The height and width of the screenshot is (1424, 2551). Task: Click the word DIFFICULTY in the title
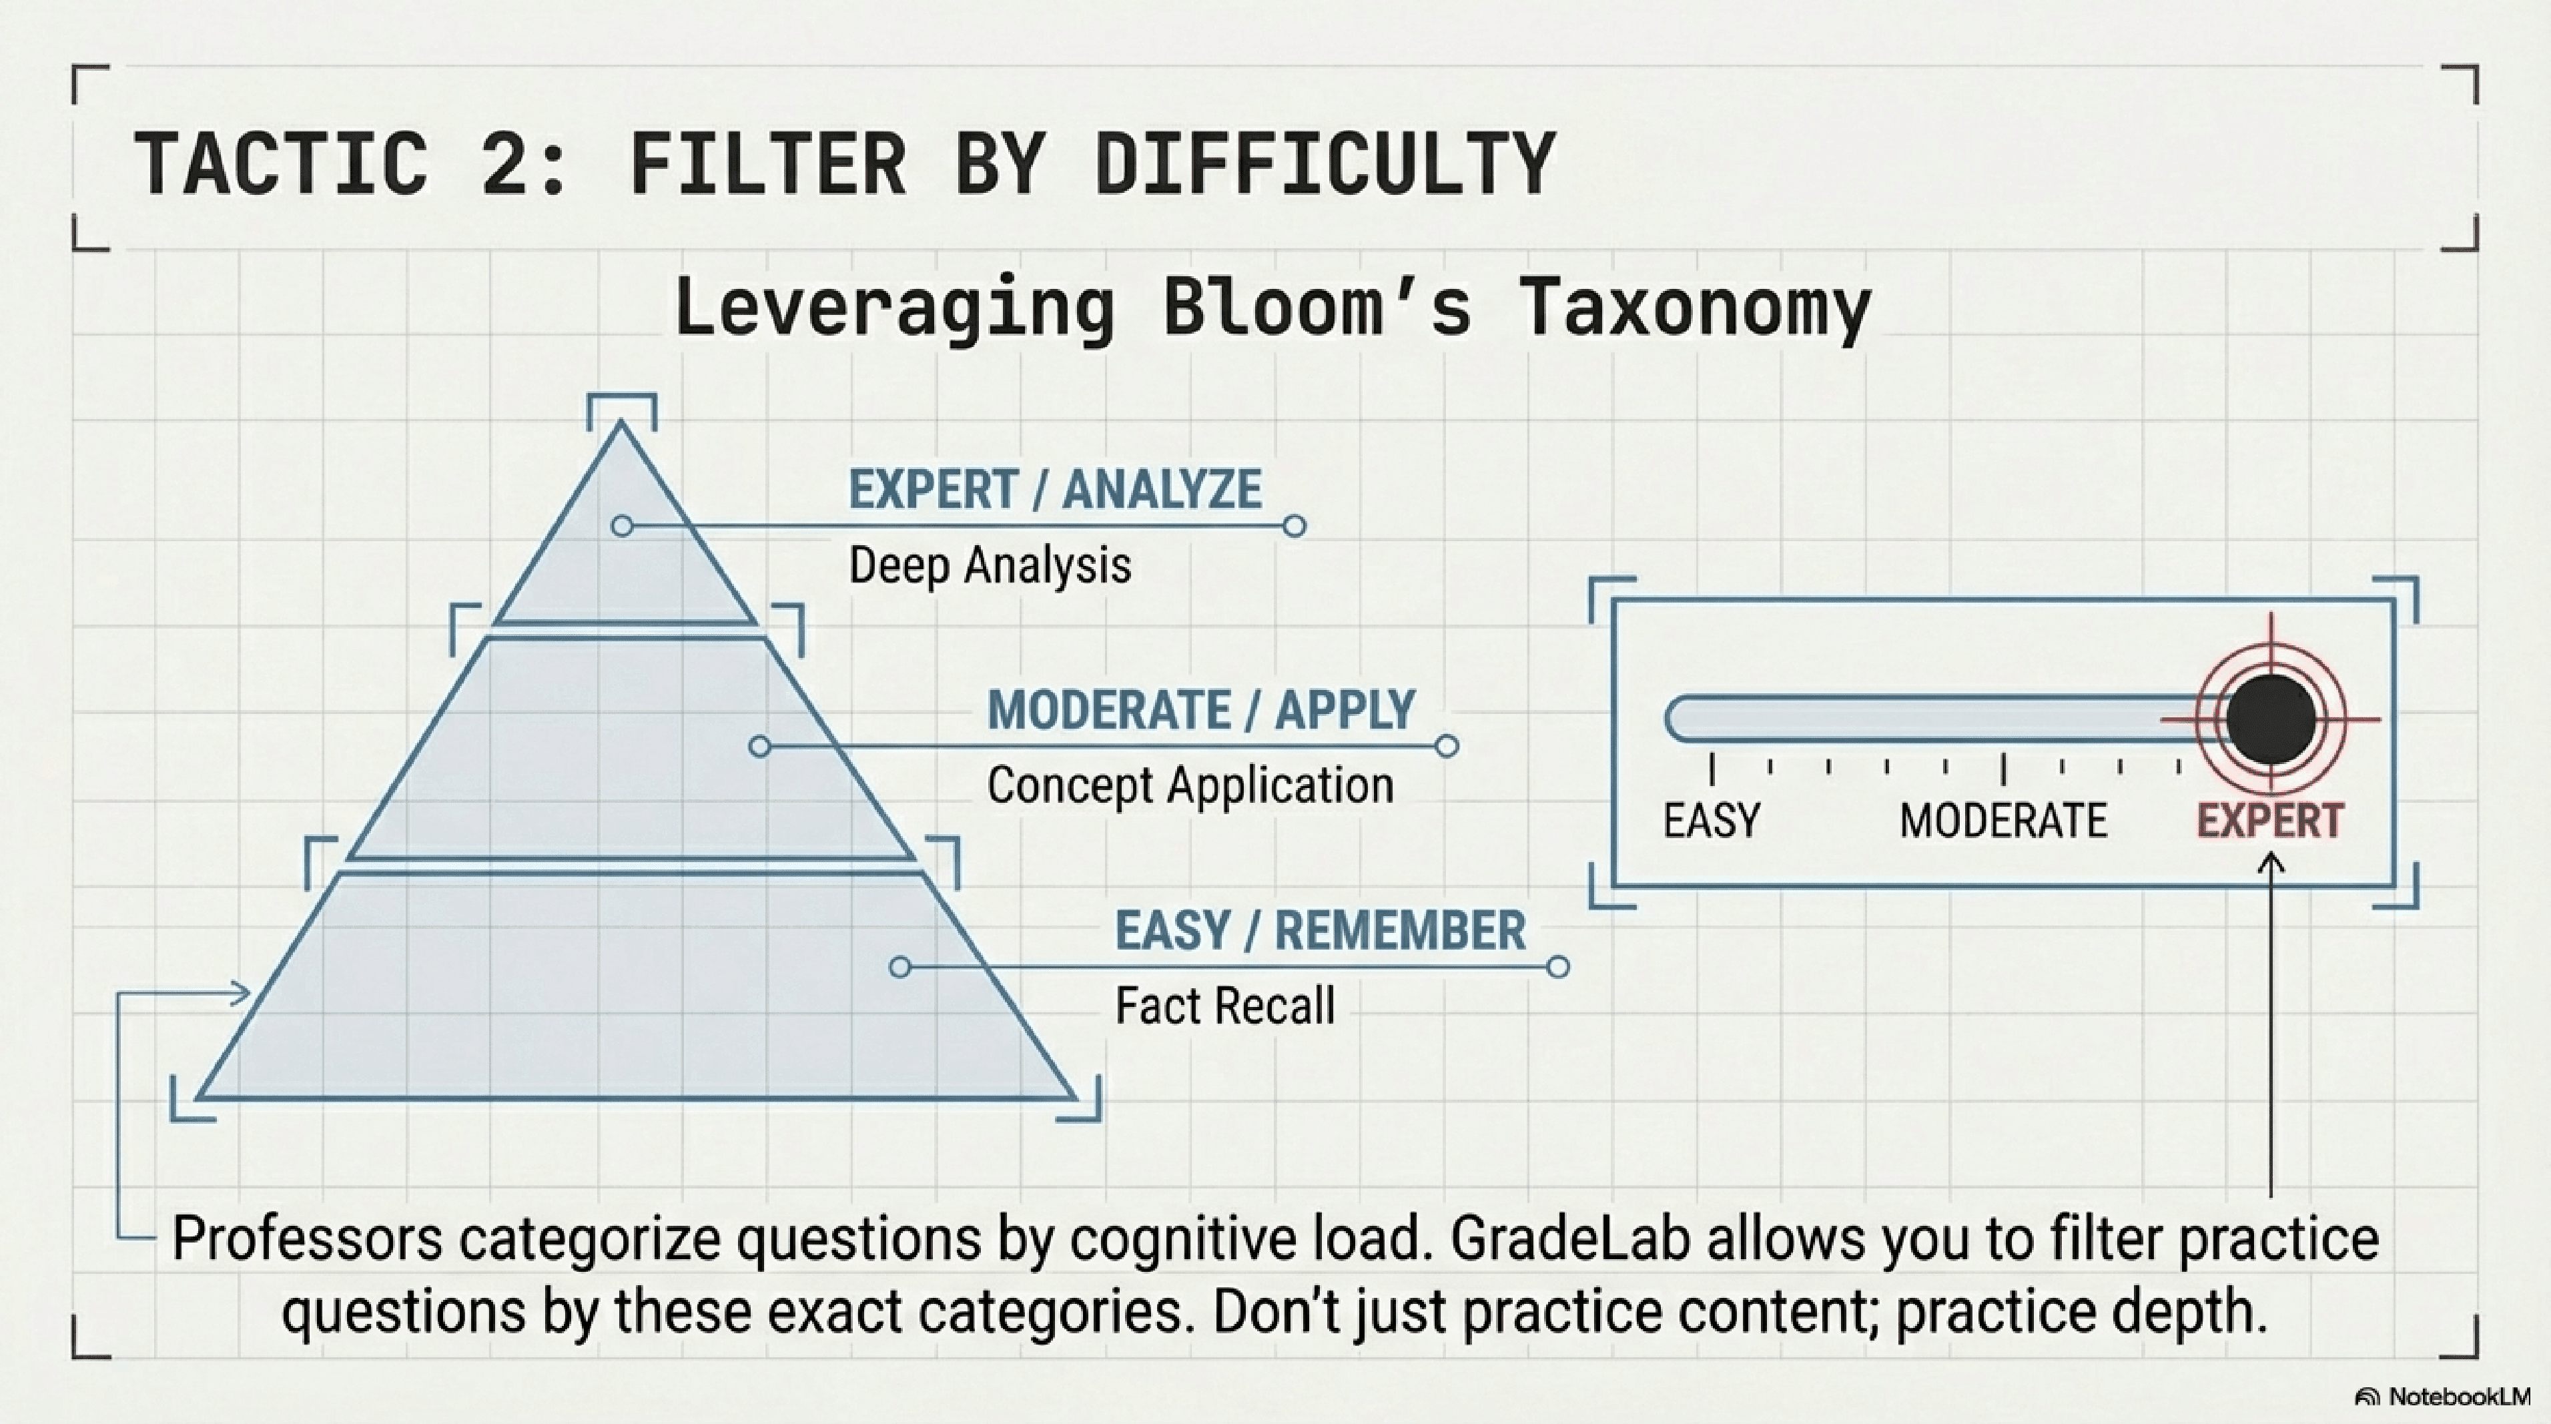(x=1325, y=163)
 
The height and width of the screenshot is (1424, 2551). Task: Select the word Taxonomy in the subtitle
(x=1694, y=308)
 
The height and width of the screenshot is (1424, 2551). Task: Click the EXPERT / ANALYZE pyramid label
(x=1056, y=489)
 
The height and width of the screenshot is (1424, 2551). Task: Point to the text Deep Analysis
(x=990, y=565)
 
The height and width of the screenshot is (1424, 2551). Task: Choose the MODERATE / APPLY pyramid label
(x=1201, y=710)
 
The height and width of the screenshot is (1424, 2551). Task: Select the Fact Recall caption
(x=1225, y=1006)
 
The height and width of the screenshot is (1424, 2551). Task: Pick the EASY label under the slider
(x=1711, y=821)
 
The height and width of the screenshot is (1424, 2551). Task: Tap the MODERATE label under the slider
(x=2003, y=821)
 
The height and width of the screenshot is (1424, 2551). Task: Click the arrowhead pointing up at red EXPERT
(x=2271, y=863)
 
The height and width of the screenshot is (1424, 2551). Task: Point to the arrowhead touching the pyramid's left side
(x=240, y=992)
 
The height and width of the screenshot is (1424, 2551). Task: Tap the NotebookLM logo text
(x=2460, y=1397)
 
